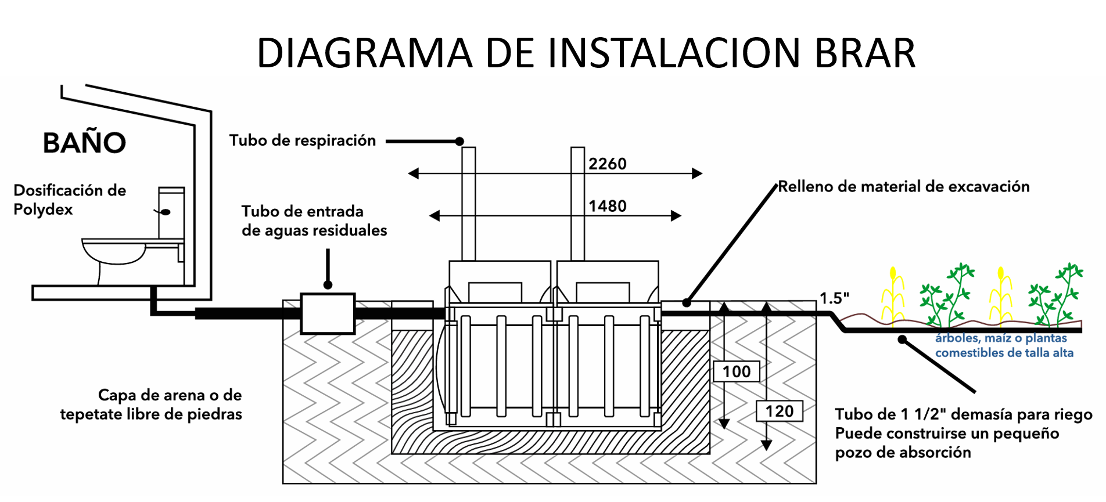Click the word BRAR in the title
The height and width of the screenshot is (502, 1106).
tap(865, 53)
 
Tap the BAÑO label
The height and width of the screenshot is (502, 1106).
tap(84, 143)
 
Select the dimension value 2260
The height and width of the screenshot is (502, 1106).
tap(607, 164)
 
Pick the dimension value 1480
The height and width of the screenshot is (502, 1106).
tap(607, 207)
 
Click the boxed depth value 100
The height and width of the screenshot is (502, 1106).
tap(736, 371)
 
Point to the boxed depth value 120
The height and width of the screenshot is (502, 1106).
tap(779, 411)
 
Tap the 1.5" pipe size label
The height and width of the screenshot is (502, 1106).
tap(834, 298)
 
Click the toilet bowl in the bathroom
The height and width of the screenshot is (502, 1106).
tap(114, 252)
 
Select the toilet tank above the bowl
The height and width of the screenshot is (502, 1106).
tap(172, 212)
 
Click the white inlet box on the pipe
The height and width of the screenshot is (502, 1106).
tap(328, 313)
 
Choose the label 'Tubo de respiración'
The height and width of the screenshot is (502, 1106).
tap(302, 140)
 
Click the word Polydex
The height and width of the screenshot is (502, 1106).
tap(43, 210)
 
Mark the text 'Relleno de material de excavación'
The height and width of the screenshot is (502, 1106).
tap(903, 187)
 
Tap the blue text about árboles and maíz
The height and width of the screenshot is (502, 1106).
tap(1004, 345)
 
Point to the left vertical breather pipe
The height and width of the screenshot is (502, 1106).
tap(469, 203)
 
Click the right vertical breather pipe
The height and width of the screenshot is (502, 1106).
tap(577, 203)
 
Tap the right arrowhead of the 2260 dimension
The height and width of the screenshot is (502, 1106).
tap(697, 173)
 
